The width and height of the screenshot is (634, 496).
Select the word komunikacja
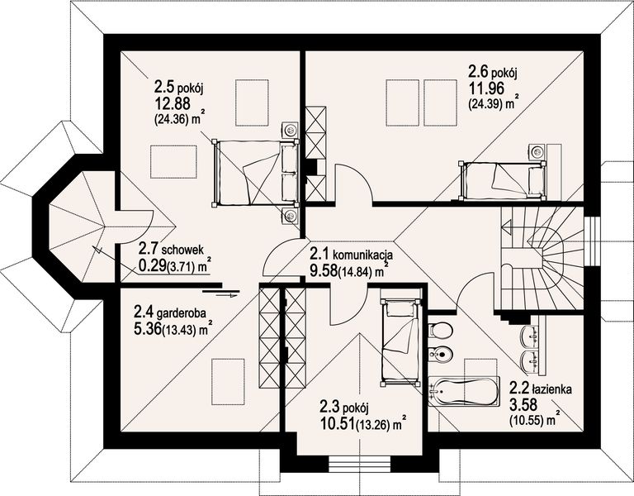(x=362, y=255)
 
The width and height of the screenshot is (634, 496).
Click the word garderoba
(x=182, y=313)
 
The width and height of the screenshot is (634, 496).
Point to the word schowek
(x=187, y=248)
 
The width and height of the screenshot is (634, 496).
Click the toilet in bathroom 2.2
(x=438, y=330)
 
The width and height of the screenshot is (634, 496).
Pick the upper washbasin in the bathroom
(x=531, y=336)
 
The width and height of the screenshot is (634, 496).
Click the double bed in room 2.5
(x=255, y=172)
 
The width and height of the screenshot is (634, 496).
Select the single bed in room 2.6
(x=502, y=180)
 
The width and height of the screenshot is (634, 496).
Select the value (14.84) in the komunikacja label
(x=357, y=272)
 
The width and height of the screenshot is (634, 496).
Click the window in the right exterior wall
(x=592, y=241)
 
